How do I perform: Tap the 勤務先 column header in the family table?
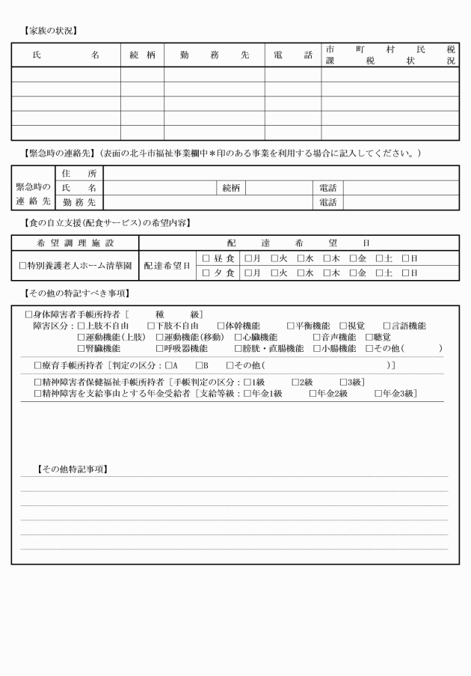click(214, 55)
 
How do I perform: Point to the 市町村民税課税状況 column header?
click(390, 55)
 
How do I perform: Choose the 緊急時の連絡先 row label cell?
click(34, 195)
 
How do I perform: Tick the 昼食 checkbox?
click(206, 258)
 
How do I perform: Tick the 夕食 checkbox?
click(206, 272)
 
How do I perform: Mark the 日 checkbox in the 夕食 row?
click(405, 272)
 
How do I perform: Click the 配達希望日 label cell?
click(167, 265)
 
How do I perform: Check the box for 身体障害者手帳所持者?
click(28, 314)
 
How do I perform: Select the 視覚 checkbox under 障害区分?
click(343, 326)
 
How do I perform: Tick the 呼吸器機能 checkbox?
click(160, 348)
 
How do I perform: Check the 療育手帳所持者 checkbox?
click(37, 365)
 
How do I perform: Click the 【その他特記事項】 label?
click(73, 469)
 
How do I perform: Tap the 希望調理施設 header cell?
click(75, 243)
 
